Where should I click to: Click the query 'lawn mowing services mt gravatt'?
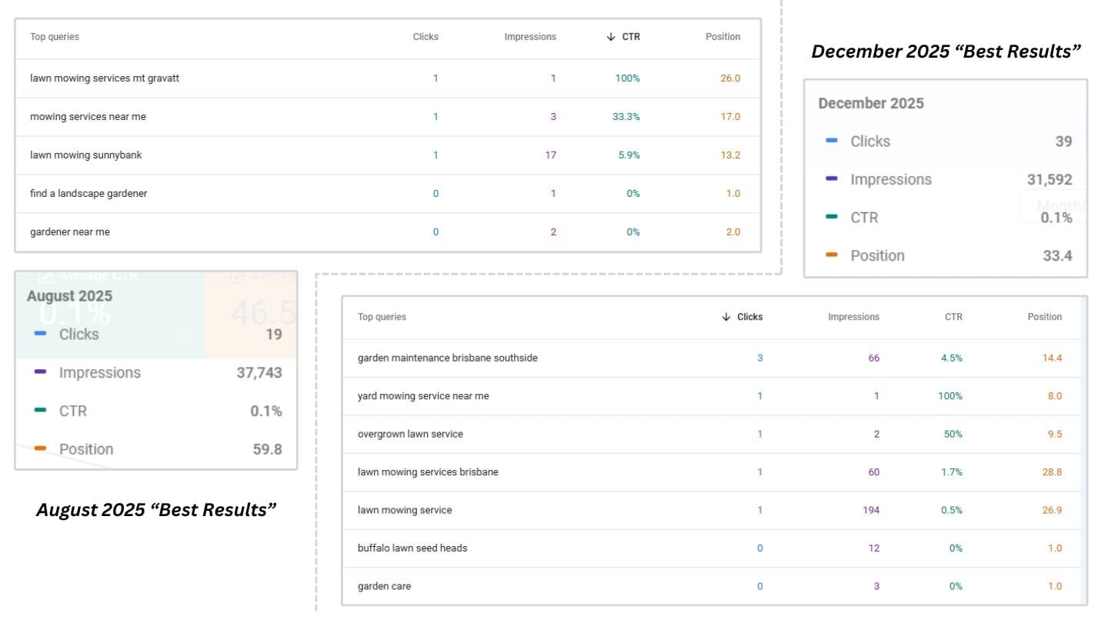pos(105,78)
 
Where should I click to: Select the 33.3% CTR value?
pos(626,117)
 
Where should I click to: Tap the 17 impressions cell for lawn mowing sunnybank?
pos(550,155)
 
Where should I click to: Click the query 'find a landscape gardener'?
pos(88,194)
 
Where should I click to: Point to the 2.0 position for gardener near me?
pos(732,232)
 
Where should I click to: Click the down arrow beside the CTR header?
pos(611,37)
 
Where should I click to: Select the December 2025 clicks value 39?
pos(1063,142)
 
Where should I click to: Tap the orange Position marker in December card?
pos(831,255)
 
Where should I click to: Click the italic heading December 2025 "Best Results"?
pos(946,52)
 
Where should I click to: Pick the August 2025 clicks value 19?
pos(273,335)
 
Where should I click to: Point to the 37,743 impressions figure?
pos(259,373)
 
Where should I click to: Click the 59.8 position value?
pos(267,449)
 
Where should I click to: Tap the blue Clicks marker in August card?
pos(40,335)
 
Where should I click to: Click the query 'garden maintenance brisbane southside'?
pos(448,358)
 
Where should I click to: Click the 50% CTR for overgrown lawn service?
pos(953,435)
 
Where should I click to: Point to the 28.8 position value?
pos(1052,472)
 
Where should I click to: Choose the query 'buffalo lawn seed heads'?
pos(412,548)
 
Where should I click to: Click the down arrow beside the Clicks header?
pos(726,317)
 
